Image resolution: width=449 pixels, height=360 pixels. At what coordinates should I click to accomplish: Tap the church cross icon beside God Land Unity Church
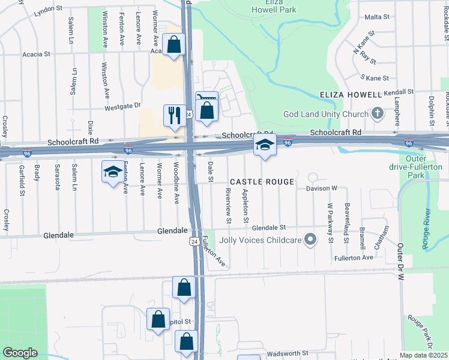pyautogui.click(x=378, y=113)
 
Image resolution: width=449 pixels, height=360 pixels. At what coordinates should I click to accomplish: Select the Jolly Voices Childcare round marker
pyautogui.click(x=310, y=240)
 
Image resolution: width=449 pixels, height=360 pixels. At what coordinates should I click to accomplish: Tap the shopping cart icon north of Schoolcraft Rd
pyautogui.click(x=206, y=98)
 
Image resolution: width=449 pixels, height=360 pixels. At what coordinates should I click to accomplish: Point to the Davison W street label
pyautogui.click(x=323, y=188)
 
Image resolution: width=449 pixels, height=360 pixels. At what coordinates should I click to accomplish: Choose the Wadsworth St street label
pyautogui.click(x=288, y=353)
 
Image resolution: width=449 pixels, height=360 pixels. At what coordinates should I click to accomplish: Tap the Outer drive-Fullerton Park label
pyautogui.click(x=424, y=167)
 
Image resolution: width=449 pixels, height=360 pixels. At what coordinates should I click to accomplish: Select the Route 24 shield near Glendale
pyautogui.click(x=194, y=241)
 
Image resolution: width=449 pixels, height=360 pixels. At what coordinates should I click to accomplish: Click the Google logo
pyautogui.click(x=20, y=353)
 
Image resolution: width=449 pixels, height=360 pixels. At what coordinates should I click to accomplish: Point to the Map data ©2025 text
pyautogui.click(x=424, y=355)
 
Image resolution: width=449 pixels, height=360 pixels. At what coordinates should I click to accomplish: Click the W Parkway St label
pyautogui.click(x=330, y=223)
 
